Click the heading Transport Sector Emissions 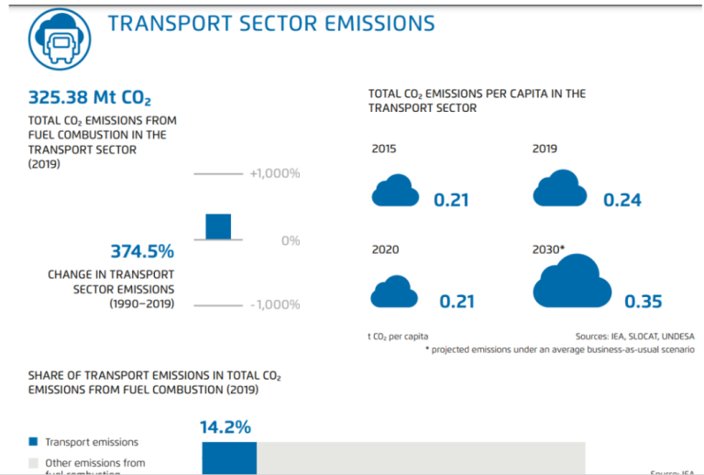pos(271,23)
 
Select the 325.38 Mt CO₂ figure pos(89,97)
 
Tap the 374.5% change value pos(142,250)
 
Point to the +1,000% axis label pos(275,173)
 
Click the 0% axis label pos(291,240)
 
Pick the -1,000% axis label pos(275,304)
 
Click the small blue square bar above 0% pos(218,226)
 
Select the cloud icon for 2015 pos(395,193)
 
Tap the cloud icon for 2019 pos(560,190)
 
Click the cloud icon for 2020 pos(394,293)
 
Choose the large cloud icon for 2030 pos(571,282)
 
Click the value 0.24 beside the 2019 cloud pos(622,200)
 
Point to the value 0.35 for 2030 pos(643,302)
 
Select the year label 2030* pos(549,249)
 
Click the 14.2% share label pos(225,426)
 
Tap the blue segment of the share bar pos(229,458)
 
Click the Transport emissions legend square pos(33,442)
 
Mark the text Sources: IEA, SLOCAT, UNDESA pos(634,337)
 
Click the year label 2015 pos(385,149)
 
